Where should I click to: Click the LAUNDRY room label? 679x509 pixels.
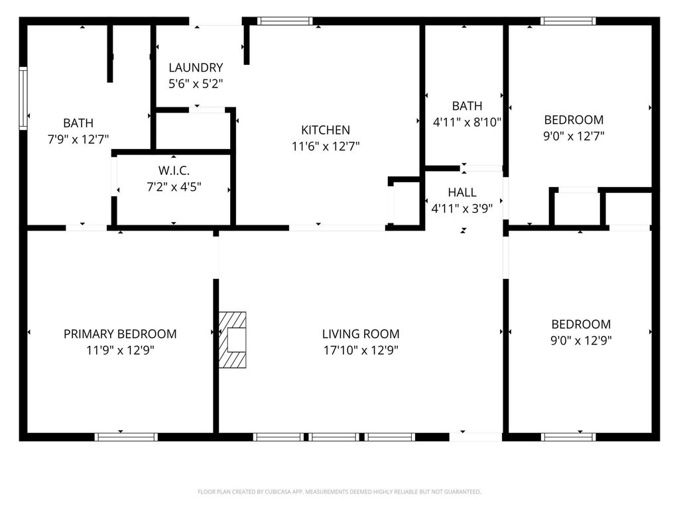[x=196, y=68]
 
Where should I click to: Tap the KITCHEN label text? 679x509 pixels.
[x=326, y=130]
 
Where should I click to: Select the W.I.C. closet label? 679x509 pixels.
[x=174, y=170]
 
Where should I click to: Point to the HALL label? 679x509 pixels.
[x=462, y=192]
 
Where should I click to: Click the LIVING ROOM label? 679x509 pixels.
[x=361, y=334]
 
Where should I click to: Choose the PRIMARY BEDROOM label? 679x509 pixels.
[x=120, y=334]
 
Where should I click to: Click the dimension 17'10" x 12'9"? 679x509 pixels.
[x=361, y=350]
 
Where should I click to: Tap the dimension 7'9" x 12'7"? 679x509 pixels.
[x=78, y=139]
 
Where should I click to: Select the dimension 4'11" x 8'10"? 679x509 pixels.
[x=467, y=122]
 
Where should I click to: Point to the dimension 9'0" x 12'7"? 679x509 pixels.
[x=574, y=136]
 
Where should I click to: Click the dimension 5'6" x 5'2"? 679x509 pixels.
[x=196, y=84]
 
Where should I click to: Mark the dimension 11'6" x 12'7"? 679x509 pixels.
[x=326, y=146]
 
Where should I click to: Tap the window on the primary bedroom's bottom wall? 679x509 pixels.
[x=126, y=437]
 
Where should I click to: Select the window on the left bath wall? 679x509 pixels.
[x=23, y=98]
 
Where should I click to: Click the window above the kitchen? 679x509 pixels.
[x=285, y=21]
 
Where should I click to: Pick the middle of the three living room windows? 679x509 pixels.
[x=334, y=437]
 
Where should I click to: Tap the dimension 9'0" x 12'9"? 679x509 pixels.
[x=581, y=340]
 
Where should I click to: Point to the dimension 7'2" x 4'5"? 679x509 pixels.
[x=174, y=187]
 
